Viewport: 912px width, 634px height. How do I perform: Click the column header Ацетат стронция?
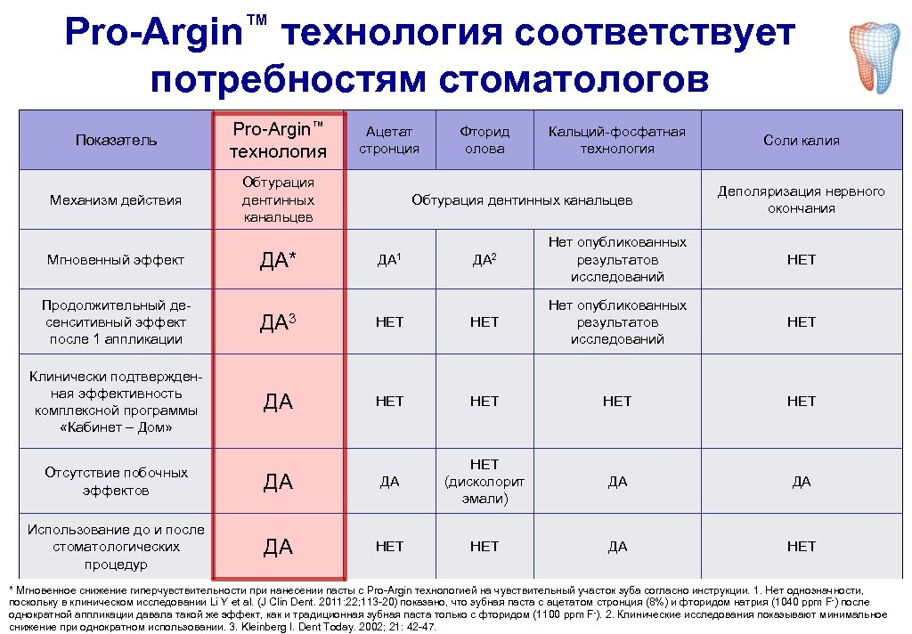[389, 140]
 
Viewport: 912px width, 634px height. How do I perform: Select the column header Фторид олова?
[484, 140]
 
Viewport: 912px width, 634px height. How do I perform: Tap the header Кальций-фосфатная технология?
[617, 140]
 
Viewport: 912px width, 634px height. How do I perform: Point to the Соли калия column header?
[801, 140]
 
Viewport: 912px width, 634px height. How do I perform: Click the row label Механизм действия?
[116, 199]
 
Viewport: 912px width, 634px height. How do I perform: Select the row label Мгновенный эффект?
[116, 259]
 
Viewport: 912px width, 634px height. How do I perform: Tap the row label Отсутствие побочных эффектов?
[116, 481]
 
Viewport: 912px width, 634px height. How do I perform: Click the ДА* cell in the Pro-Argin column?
[277, 259]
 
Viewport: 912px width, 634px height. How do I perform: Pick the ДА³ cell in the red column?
[277, 321]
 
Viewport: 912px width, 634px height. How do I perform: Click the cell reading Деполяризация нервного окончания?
[801, 199]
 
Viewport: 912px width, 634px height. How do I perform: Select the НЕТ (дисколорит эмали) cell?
[484, 481]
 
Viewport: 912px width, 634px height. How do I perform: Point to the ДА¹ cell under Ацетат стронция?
[389, 259]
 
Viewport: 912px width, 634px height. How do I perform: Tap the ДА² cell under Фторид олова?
[484, 259]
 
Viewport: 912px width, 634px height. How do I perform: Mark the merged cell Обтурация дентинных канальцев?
[522, 199]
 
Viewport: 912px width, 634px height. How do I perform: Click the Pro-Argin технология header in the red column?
[278, 140]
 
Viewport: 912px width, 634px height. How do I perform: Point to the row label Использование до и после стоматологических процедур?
[116, 546]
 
